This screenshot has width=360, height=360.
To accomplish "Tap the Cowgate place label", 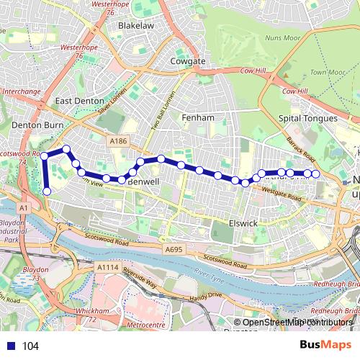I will click(x=188, y=62).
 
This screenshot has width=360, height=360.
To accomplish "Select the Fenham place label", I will click(x=198, y=117).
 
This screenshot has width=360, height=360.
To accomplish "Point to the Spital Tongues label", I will click(x=307, y=118).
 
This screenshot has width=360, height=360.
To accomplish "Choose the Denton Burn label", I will click(x=30, y=125).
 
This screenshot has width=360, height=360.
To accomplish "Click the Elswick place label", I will click(x=243, y=224).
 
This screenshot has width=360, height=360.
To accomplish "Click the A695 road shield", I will click(x=173, y=249).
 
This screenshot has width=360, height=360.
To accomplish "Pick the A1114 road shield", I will click(x=106, y=266).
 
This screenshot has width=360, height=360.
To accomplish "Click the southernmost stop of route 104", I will click(x=47, y=192).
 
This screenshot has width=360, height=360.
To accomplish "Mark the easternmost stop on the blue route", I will click(x=315, y=174).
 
